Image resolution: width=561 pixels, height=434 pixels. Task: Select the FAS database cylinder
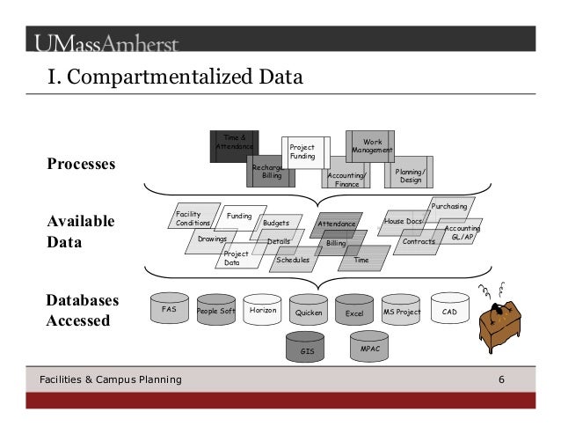169,311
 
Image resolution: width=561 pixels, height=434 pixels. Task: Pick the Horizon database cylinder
262,311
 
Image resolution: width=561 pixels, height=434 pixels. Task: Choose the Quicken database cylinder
309,312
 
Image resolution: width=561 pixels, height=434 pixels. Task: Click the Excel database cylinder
354,312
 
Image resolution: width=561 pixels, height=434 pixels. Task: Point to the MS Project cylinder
402,312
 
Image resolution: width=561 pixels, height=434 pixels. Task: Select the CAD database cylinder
449,311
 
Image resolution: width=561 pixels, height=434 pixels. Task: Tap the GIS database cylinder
307,349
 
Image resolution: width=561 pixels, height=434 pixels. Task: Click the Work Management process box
372,145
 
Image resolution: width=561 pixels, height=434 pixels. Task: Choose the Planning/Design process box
410,174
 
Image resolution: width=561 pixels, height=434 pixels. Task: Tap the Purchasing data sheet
449,207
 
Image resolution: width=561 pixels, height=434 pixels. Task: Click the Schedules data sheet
293,260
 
